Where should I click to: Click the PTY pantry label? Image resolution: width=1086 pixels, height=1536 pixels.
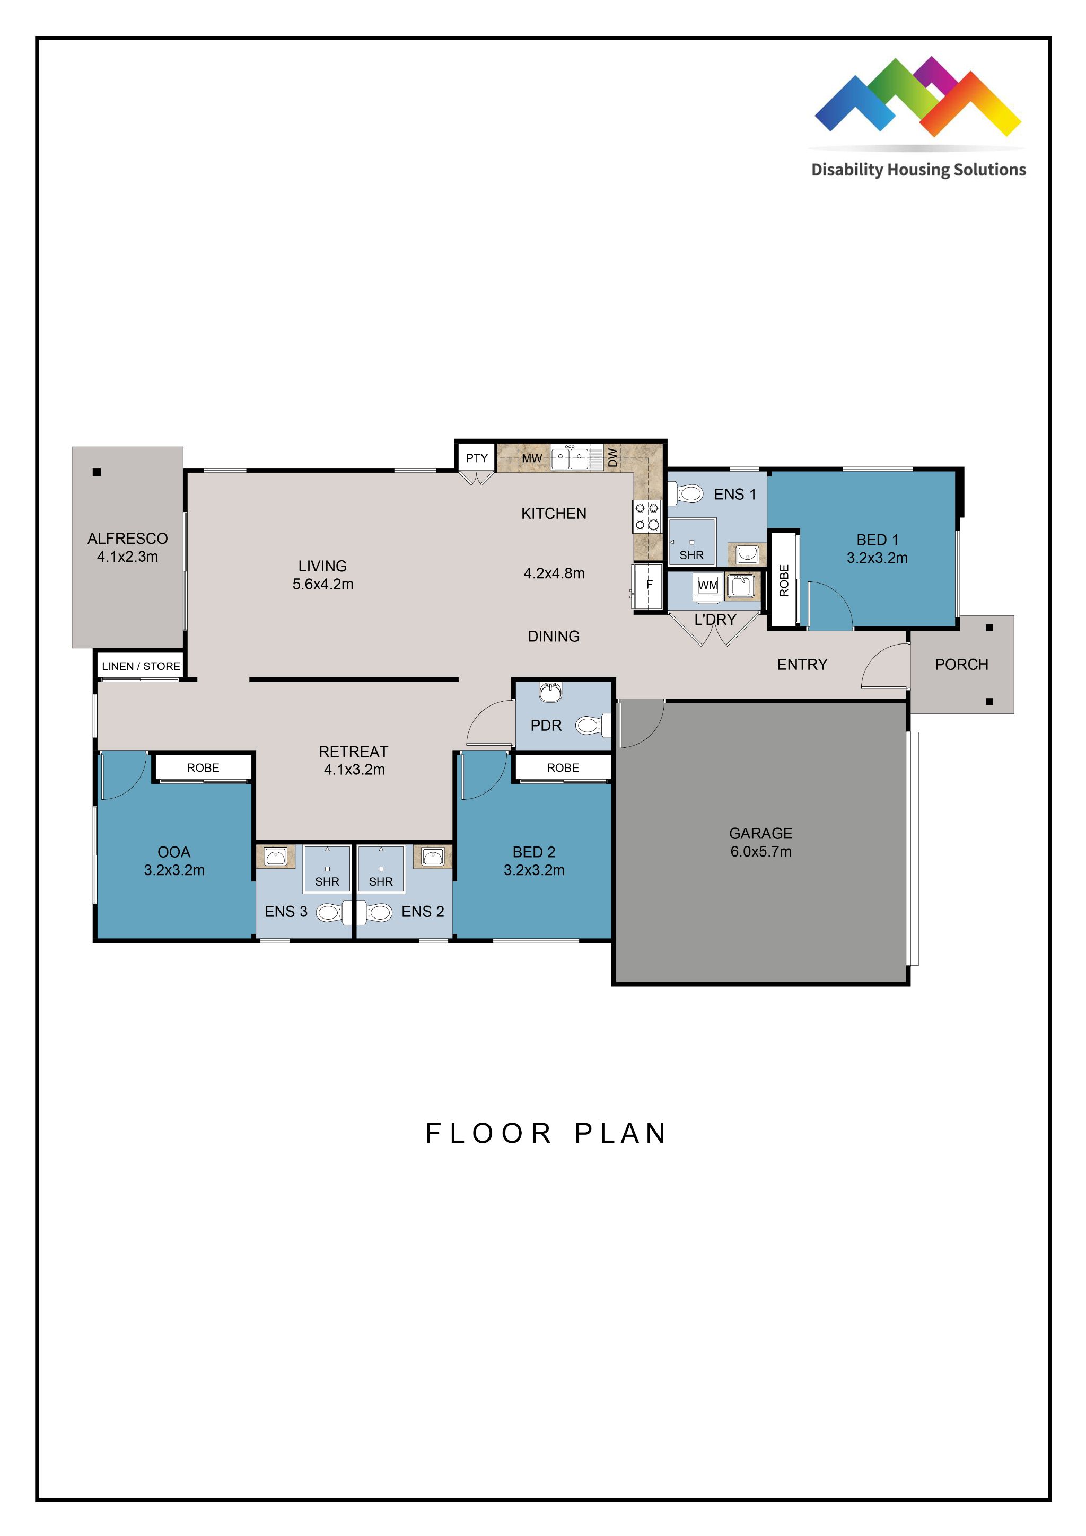(x=476, y=458)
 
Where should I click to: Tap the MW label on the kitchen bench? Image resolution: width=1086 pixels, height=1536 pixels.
(x=531, y=458)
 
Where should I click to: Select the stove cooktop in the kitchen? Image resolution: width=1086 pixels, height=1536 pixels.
(x=646, y=516)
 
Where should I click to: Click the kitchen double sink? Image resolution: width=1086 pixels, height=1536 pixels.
(x=570, y=459)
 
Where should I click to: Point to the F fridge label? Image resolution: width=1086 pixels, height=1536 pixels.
(x=649, y=585)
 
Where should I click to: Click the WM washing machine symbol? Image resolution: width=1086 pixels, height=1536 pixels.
(x=707, y=585)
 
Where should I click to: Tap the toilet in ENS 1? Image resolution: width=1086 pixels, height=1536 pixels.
(x=687, y=495)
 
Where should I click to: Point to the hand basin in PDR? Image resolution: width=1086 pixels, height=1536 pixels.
(x=550, y=693)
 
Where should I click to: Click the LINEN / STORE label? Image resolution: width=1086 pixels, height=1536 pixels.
(x=141, y=666)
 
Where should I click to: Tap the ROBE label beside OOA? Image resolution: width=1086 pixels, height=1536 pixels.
(x=203, y=768)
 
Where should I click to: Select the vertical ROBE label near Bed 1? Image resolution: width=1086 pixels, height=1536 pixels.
(x=784, y=580)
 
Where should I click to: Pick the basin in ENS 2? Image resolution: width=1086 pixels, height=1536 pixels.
(x=433, y=857)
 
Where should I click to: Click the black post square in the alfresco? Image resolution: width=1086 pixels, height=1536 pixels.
(x=97, y=472)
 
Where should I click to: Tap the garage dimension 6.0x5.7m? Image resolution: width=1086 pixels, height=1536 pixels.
(x=761, y=852)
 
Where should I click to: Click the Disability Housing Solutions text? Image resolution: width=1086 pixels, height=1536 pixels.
(x=918, y=170)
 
